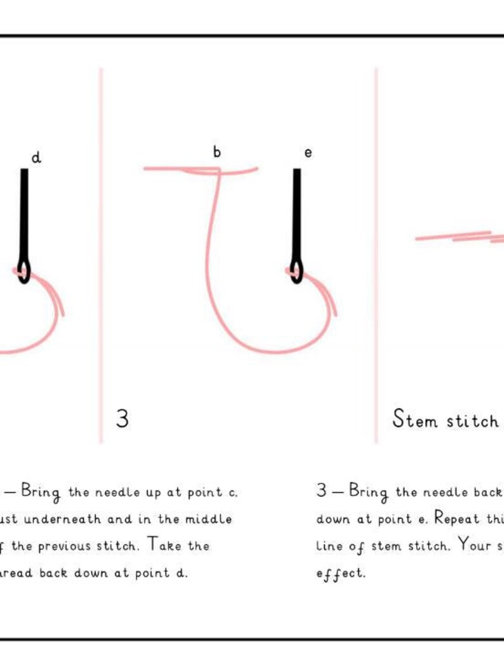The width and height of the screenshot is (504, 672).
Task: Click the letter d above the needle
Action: [36, 157]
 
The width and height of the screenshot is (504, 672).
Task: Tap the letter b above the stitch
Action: [217, 152]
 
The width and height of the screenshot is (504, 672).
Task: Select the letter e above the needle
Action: [308, 153]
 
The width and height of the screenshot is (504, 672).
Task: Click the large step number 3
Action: [123, 419]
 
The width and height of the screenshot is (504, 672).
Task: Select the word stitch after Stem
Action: [471, 420]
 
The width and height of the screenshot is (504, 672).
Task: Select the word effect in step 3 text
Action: [341, 573]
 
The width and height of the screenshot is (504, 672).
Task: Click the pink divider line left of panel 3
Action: [101, 254]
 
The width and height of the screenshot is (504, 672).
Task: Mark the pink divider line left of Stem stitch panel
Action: [376, 254]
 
